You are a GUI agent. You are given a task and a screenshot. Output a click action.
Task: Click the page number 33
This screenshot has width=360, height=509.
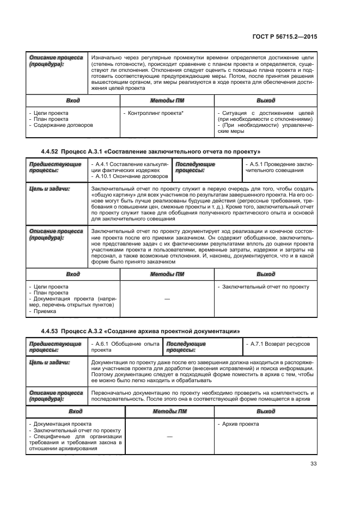click(x=313, y=464)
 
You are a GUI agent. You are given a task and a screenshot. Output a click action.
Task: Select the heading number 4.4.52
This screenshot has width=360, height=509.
click(x=52, y=151)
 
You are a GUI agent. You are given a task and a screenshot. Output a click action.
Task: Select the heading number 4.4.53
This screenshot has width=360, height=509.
click(x=52, y=331)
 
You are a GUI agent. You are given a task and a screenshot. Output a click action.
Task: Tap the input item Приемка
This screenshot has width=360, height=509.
click(x=45, y=312)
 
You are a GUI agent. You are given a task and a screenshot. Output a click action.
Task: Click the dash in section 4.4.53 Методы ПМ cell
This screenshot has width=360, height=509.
click(x=169, y=437)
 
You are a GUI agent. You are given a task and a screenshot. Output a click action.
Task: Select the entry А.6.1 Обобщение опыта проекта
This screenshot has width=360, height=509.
click(x=125, y=347)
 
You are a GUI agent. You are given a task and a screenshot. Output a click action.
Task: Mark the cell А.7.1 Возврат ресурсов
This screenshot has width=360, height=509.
click(x=278, y=344)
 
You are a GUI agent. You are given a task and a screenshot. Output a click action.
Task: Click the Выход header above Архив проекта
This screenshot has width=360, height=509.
click(x=266, y=412)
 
